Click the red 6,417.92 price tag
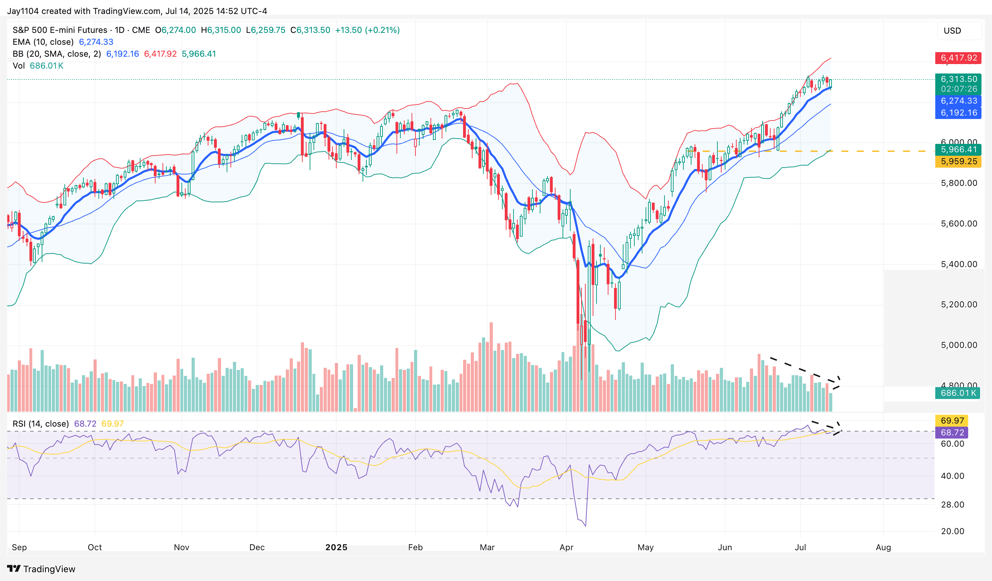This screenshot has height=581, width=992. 958,58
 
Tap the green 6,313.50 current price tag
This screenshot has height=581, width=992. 958,79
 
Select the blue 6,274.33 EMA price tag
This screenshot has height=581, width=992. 958,101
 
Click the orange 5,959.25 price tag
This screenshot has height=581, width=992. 958,161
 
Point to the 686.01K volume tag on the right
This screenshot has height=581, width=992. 957,393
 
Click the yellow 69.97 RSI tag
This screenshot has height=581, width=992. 952,420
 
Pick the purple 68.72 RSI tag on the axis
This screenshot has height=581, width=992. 952,432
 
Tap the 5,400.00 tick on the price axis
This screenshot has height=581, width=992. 958,264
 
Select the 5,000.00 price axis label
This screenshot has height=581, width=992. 958,345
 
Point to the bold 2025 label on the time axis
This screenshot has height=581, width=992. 336,547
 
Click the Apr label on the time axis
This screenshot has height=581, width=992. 566,547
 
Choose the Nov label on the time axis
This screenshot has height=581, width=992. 181,547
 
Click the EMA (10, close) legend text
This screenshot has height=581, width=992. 43,42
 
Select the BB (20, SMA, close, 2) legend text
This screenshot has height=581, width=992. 57,54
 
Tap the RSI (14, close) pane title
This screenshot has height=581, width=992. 41,423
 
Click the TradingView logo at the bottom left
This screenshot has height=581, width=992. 41,569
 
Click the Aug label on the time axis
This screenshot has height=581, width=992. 883,547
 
